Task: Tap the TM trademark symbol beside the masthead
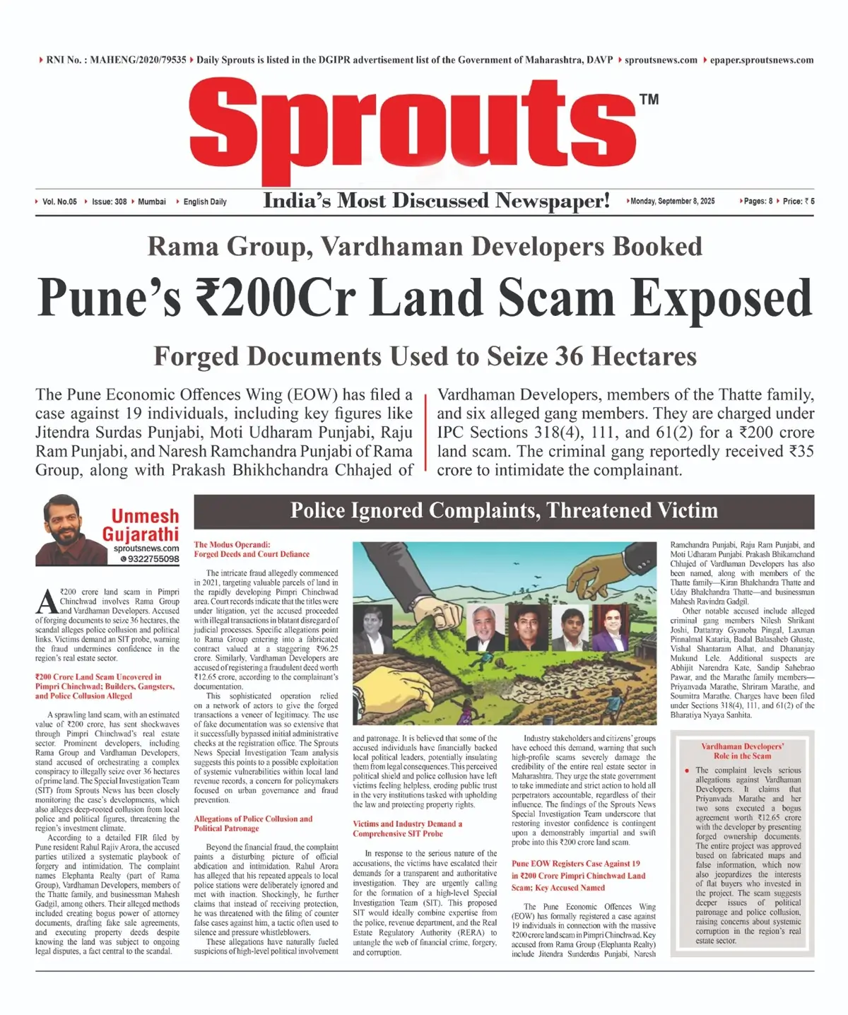tap(649, 100)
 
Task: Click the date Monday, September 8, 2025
tap(672, 201)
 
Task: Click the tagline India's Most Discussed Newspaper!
tap(436, 201)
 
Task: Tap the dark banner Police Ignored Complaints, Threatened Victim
tap(504, 511)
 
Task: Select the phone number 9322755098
tap(153, 559)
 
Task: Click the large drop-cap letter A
tap(47, 602)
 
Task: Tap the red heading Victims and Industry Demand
tap(407, 828)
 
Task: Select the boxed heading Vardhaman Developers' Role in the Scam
tap(742, 751)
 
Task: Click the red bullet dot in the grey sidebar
tap(687, 770)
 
